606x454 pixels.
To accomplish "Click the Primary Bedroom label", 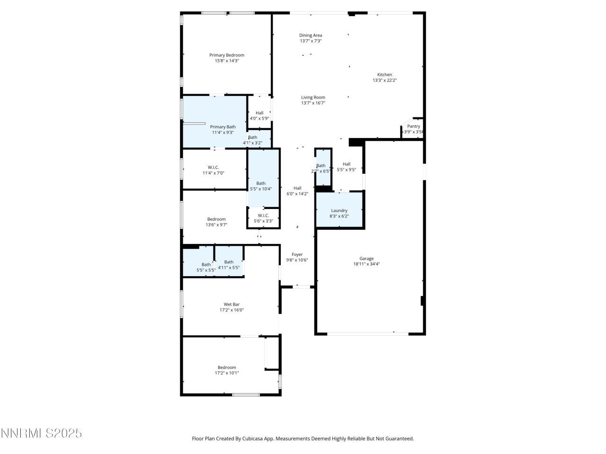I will (x=227, y=55).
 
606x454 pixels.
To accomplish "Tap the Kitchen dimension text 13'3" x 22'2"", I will (x=384, y=80).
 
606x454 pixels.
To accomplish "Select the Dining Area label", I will (x=311, y=35).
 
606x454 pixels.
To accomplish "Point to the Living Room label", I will (x=313, y=97).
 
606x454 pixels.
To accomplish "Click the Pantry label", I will (x=413, y=126).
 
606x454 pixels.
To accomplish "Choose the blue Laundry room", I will (x=339, y=210).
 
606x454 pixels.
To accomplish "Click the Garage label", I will (x=366, y=259).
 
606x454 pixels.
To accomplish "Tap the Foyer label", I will (x=297, y=254).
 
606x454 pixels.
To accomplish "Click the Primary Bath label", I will (x=223, y=127).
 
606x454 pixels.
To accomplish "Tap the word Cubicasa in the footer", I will (x=253, y=439).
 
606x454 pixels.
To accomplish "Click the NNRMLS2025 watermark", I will (x=42, y=433).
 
